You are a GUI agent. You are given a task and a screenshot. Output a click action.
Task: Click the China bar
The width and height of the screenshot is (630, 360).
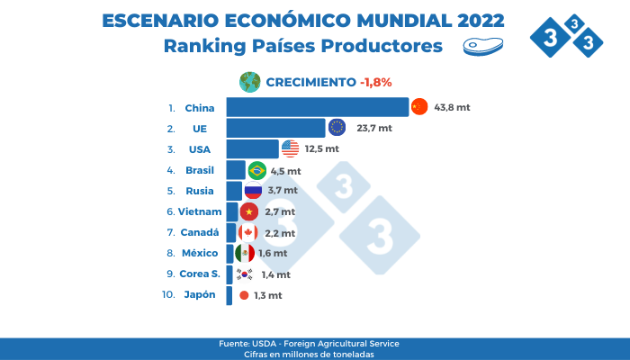(x=317, y=108)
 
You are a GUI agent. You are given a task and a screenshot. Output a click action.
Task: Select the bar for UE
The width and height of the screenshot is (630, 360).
(x=275, y=128)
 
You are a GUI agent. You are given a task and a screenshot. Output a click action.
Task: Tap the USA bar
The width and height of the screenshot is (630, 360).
(x=252, y=148)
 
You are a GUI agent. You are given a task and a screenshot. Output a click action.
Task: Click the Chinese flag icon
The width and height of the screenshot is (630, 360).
(x=419, y=107)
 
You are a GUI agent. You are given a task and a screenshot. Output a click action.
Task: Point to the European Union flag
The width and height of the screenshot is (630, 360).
(x=337, y=128)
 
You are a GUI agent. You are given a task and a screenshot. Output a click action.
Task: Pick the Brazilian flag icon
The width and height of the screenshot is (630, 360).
(x=256, y=170)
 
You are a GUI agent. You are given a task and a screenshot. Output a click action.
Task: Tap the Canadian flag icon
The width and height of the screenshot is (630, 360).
(x=247, y=232)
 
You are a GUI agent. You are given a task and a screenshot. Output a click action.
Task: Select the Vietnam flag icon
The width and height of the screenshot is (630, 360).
(x=249, y=211)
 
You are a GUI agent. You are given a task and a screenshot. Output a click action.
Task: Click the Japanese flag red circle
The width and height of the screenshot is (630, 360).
(x=244, y=295)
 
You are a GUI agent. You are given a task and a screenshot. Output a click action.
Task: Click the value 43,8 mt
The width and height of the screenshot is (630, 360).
(x=453, y=108)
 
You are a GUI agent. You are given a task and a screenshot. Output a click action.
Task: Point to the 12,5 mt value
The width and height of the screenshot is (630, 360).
(x=322, y=148)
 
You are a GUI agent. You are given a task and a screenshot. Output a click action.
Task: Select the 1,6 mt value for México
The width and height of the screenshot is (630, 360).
(x=273, y=254)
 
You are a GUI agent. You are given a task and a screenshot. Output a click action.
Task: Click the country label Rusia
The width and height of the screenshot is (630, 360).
(x=199, y=191)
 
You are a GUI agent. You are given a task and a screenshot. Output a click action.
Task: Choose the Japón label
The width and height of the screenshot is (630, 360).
(x=201, y=295)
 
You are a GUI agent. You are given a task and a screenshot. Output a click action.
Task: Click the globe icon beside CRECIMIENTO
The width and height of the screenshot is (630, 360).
(x=249, y=81)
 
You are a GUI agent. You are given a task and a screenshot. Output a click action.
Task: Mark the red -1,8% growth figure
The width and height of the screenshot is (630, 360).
(x=375, y=82)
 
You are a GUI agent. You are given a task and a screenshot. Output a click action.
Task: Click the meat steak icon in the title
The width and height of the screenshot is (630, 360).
(x=477, y=46)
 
